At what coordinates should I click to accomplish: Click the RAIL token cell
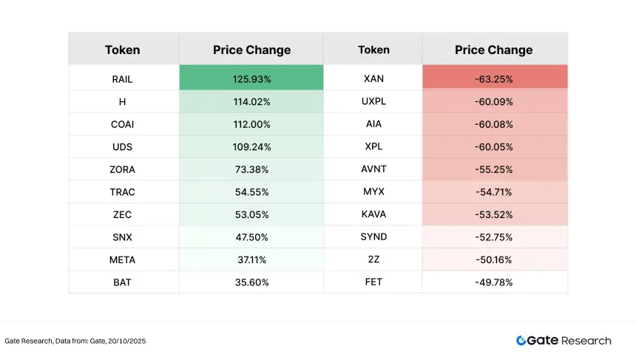click(x=123, y=79)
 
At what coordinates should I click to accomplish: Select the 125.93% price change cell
click(x=251, y=79)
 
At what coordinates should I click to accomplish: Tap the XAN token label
click(x=373, y=79)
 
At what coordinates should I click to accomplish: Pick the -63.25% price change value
click(x=493, y=79)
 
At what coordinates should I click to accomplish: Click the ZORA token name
click(x=123, y=169)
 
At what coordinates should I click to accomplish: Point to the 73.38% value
click(x=251, y=169)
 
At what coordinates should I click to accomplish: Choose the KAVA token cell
click(x=373, y=214)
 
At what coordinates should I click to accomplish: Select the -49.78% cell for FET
click(x=493, y=282)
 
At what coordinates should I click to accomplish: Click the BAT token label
click(x=123, y=282)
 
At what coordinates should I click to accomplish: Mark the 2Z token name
click(x=373, y=259)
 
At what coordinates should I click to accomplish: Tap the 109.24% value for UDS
click(x=251, y=146)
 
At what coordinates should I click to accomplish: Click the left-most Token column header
click(x=123, y=50)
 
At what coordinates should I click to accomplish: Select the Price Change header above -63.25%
click(x=493, y=50)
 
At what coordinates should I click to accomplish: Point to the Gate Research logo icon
click(x=521, y=341)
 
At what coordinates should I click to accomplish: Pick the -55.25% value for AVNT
click(x=493, y=169)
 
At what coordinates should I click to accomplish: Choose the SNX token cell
click(x=123, y=237)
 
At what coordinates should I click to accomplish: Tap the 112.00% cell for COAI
click(x=251, y=124)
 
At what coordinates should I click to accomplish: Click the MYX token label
click(x=373, y=192)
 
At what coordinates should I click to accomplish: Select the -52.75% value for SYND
click(x=493, y=237)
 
